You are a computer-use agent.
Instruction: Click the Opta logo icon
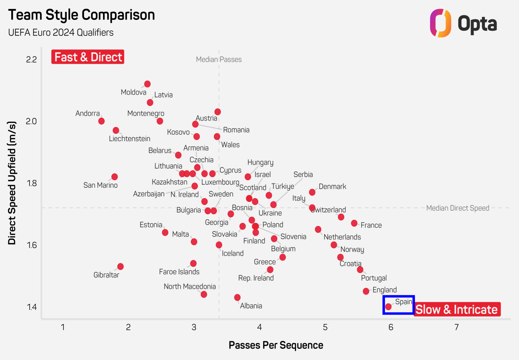pos(440,23)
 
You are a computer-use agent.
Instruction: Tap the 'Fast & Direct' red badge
pos(88,57)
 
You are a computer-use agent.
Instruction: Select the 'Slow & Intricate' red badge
pos(457,309)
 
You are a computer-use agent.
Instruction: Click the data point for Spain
pos(388,307)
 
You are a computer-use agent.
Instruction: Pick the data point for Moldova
pos(147,84)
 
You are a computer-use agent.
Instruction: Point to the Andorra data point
pos(101,121)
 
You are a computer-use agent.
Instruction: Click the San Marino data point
pos(115,177)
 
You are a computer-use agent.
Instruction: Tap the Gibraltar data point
pos(120,266)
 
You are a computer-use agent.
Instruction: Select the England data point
pos(366,291)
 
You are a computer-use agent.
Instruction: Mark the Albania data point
pos(237,297)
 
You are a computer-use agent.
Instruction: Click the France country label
pos(371,225)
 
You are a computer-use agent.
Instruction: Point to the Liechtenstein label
pos(129,139)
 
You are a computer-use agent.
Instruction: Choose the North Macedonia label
pos(190,287)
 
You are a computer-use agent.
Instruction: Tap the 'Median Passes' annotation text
pos(219,59)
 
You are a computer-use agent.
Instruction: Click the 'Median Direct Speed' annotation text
pos(458,208)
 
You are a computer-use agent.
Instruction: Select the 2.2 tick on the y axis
pos(31,59)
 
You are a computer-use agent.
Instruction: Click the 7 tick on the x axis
pos(456,327)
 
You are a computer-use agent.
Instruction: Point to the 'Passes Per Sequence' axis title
pos(276,345)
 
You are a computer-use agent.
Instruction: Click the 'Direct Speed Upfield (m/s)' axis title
pos(12,183)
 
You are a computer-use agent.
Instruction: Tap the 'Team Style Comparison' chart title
pos(81,15)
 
